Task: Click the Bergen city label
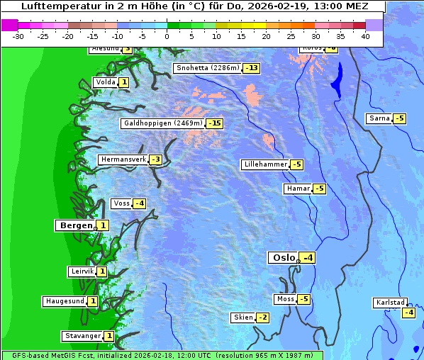point(75,225)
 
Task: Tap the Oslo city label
point(283,258)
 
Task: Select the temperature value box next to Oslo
point(308,258)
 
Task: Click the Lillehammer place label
point(265,164)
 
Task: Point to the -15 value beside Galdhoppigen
point(215,123)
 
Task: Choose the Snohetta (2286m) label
point(208,68)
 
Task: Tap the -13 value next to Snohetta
point(252,68)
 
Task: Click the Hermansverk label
point(123,159)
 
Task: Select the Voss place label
point(121,203)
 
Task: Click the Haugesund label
point(65,301)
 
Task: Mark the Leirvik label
point(82,271)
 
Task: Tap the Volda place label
point(105,82)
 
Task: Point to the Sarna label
point(379,118)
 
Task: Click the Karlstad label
point(390,303)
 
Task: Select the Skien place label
point(243,317)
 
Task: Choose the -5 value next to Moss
point(304,299)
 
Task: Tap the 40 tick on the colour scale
point(365,35)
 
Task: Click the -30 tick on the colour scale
point(18,35)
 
